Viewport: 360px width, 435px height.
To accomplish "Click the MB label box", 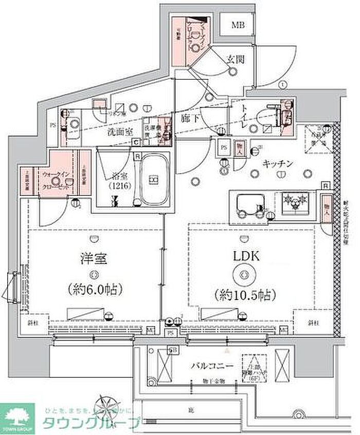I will (x=237, y=25).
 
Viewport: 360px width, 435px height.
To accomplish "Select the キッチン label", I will (x=278, y=164).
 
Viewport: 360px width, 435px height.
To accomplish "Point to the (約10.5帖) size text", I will (x=244, y=295).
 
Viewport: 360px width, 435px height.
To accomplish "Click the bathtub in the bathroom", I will (x=154, y=179).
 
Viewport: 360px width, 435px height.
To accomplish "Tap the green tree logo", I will (x=17, y=415).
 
